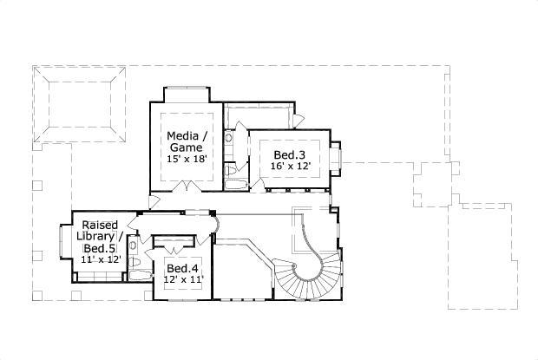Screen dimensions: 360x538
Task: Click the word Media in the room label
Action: pos(185,136)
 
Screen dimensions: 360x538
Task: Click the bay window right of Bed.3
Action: pos(341,157)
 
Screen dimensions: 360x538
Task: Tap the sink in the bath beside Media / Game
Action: pos(229,136)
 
